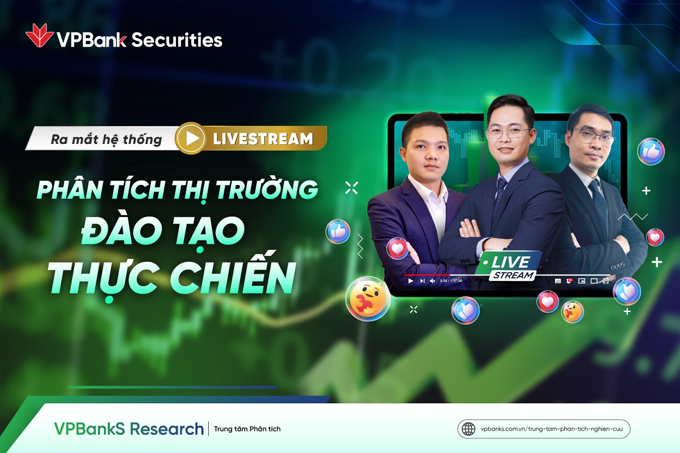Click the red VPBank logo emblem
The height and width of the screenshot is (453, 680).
coord(39,36)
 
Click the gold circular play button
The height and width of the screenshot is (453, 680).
coord(191,138)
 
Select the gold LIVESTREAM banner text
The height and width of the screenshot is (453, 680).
coord(263,139)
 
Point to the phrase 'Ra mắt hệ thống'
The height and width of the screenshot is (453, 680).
coord(106,140)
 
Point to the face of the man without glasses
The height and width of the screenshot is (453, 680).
coord(425,151)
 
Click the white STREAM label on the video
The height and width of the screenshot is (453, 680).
coord(513,275)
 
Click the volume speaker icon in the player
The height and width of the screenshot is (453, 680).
coord(432,281)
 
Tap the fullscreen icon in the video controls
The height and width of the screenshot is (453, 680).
coord(606,281)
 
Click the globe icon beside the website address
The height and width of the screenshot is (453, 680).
coord(468,429)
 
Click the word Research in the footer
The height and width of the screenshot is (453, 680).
coord(166,429)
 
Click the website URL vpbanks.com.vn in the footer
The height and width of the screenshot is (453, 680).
coord(550,429)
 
